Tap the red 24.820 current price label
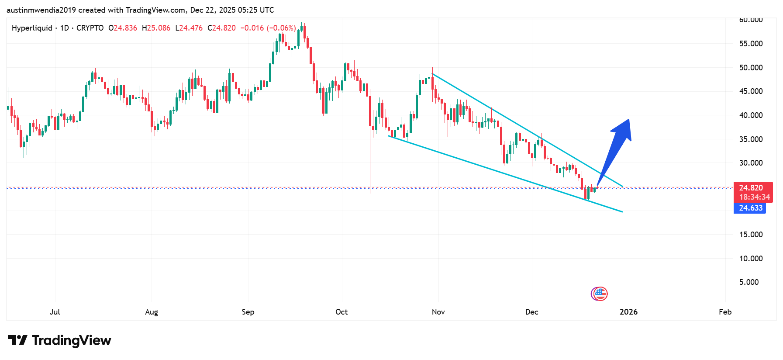751,188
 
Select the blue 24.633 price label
750,208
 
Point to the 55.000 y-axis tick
751,44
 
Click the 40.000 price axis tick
751,115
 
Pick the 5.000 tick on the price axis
749,282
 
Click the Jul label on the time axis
55,312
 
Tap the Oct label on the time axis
341,312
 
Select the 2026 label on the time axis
628,312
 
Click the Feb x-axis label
725,312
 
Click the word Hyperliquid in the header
32,28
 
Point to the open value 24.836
125,28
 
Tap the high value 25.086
159,28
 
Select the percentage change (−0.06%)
281,28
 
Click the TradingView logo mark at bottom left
17,340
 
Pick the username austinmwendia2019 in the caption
41,10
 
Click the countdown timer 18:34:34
754,197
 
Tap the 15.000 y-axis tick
751,235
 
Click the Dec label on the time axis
531,312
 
